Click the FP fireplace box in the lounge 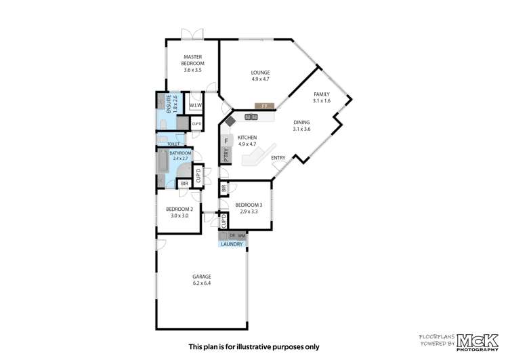coord(263,106)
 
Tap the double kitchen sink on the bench coord(251,117)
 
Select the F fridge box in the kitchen coord(227,140)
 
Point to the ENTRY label coord(278,158)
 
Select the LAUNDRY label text coord(232,243)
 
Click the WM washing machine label coord(241,235)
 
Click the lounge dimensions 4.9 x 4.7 coord(261,79)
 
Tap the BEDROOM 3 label coord(249,205)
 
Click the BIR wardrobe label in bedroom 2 coord(184,183)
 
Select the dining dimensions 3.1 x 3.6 coord(301,129)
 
